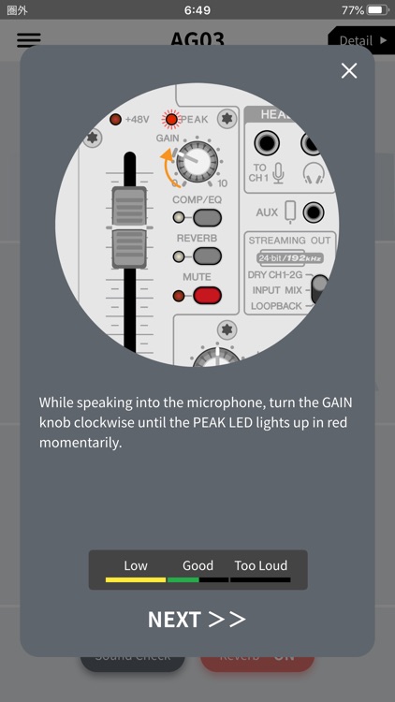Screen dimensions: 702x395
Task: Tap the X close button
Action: click(x=349, y=71)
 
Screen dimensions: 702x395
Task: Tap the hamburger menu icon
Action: click(x=29, y=40)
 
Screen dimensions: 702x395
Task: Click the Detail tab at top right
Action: click(x=360, y=41)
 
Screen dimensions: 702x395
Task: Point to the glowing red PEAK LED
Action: click(x=170, y=119)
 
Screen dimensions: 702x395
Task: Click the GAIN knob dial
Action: click(x=197, y=162)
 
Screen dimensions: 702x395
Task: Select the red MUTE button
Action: click(x=207, y=296)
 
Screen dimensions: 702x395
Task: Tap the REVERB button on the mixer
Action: click(x=207, y=256)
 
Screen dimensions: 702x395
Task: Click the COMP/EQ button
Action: click(x=207, y=217)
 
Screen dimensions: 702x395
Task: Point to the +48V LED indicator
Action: click(x=115, y=119)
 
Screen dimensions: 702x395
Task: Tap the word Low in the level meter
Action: click(x=136, y=565)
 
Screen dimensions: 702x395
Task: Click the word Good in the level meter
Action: click(x=197, y=565)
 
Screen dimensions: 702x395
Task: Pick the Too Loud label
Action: click(x=260, y=565)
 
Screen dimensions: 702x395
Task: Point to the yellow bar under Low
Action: click(x=136, y=580)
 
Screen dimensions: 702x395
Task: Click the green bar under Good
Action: click(x=183, y=580)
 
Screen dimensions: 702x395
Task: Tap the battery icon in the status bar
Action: click(x=377, y=10)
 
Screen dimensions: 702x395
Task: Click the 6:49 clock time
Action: click(x=197, y=10)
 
